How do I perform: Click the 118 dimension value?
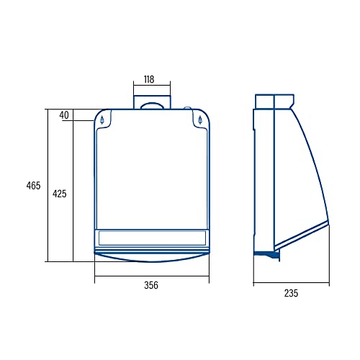click(149, 79)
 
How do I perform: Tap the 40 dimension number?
click(64, 115)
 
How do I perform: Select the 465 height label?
click(33, 186)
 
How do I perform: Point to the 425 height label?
click(60, 194)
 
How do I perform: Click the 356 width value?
click(151, 285)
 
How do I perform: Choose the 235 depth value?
click(291, 293)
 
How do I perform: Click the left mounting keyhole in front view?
click(102, 120)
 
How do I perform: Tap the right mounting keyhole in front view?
click(200, 120)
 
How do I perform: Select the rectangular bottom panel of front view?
click(152, 238)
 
